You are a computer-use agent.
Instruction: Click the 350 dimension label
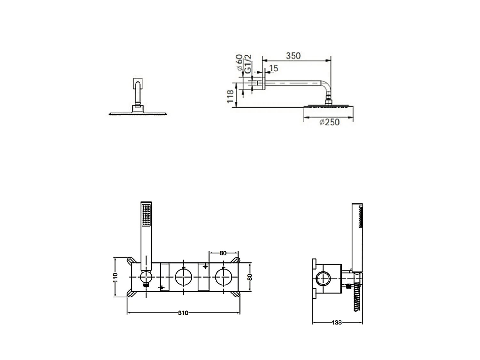[x=293, y=56]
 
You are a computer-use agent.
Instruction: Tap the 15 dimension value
[x=274, y=68]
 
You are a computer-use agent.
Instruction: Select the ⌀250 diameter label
[x=330, y=122]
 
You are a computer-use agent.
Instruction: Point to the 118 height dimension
[x=230, y=96]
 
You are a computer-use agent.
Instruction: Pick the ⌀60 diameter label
[x=239, y=62]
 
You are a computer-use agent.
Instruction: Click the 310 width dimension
[x=183, y=313]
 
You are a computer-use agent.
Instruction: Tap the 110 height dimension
[x=116, y=277]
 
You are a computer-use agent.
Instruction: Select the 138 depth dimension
[x=337, y=323]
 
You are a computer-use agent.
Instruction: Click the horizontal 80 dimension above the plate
[x=223, y=253]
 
